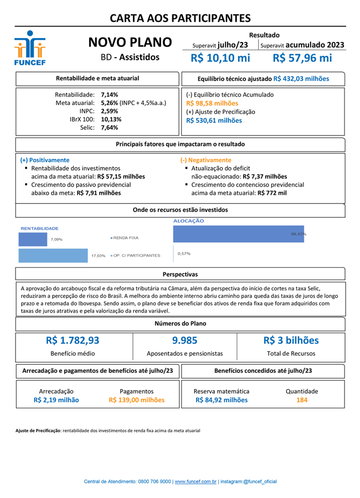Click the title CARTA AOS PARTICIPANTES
pos(180,18)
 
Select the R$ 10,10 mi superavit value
pos(220,58)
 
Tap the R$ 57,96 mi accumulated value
pos(302,58)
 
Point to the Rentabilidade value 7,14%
pos(109,95)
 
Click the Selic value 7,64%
pos(109,127)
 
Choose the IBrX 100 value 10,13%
pos(111,119)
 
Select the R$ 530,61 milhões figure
pos(214,120)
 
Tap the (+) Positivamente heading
pos(45,160)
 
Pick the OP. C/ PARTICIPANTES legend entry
pos(136,256)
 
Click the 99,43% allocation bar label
pos(298,234)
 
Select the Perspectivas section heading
pos(180,274)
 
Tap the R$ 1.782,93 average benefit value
pos(73,340)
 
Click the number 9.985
pos(184,340)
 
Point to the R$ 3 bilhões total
pos(291,340)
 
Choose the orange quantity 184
pos(302,400)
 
